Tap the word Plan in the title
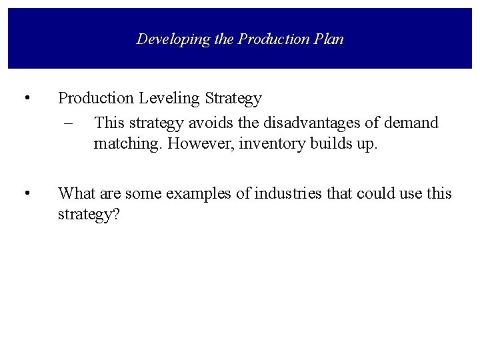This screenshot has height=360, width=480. (329, 39)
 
